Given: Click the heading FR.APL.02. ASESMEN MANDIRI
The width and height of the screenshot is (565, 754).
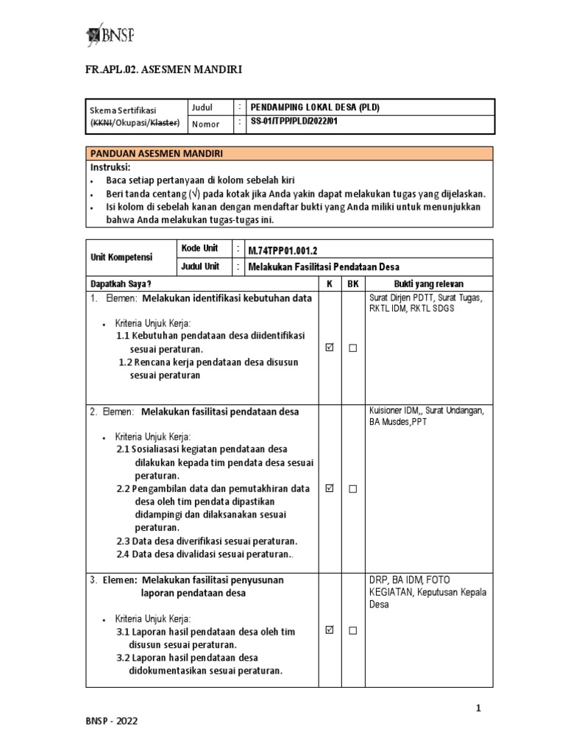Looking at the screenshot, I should point(164,70).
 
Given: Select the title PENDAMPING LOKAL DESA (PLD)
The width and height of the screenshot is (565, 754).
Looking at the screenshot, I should point(315,108).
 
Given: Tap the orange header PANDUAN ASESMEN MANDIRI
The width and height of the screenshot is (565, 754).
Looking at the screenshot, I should point(155,153).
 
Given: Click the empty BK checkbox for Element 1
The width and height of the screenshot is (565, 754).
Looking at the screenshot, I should point(352,348).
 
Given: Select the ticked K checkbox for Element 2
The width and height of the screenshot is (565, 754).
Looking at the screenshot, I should point(329,488).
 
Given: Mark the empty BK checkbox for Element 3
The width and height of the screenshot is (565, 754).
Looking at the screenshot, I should point(352,630).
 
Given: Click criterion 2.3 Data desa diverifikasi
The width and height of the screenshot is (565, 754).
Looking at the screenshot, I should point(207,541).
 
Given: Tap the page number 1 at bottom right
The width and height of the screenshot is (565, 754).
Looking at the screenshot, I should point(478,708).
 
